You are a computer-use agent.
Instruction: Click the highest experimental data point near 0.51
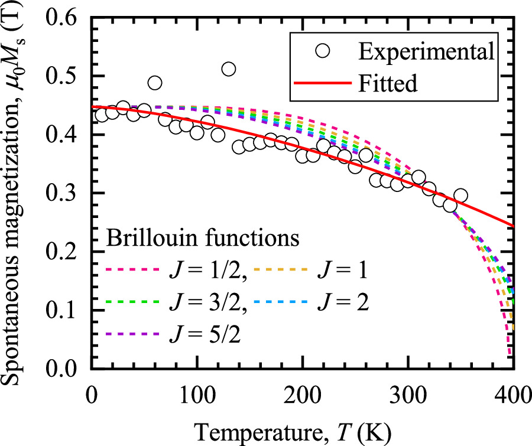[228, 70]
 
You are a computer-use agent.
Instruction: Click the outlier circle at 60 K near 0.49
[155, 83]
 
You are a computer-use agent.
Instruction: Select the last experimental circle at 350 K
[460, 196]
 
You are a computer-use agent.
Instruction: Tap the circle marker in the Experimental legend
[323, 51]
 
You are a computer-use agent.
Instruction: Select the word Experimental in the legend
[425, 51]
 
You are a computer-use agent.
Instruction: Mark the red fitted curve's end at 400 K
[514, 226]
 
